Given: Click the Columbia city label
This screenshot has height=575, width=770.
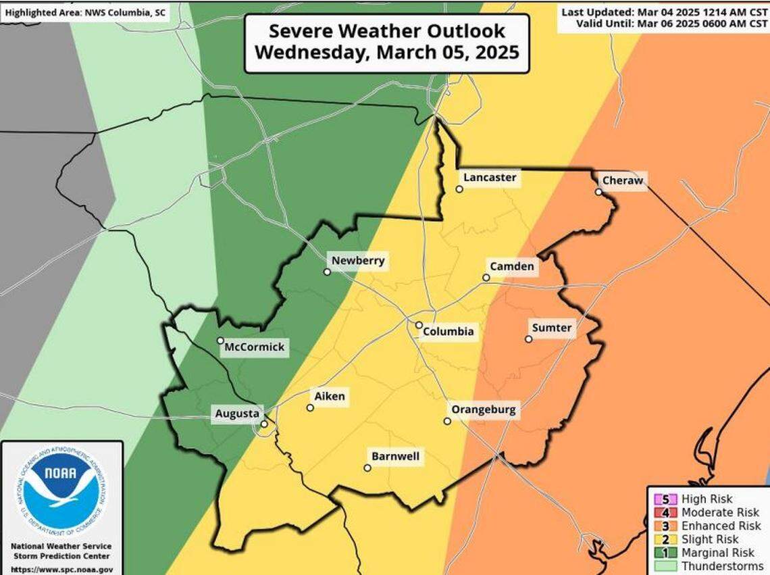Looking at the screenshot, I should (x=448, y=332).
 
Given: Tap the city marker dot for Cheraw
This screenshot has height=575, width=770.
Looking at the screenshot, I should (x=598, y=192).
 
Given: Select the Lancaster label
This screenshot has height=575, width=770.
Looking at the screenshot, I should (x=490, y=178).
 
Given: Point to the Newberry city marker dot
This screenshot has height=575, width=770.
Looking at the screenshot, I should (x=327, y=272).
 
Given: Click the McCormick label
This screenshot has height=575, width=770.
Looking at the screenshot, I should (x=255, y=348).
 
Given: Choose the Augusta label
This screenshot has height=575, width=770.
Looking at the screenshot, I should (x=236, y=413).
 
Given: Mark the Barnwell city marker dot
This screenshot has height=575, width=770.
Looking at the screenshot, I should (x=367, y=468).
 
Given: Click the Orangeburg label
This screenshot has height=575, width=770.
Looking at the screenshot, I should (x=483, y=409).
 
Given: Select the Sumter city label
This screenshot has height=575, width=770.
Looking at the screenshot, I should (x=552, y=328).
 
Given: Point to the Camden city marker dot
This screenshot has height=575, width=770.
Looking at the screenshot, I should (x=486, y=278).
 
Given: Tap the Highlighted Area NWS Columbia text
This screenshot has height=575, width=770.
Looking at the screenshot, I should (x=85, y=12).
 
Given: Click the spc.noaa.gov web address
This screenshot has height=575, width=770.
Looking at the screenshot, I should (x=61, y=570).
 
